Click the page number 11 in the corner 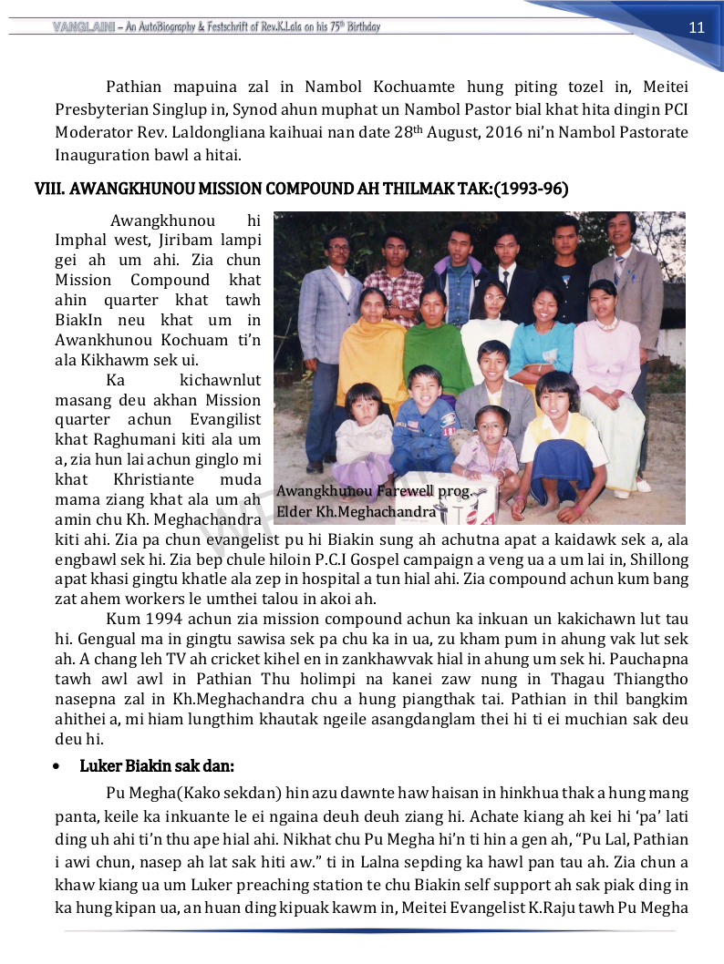[697, 27]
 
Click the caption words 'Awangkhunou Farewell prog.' [375, 491]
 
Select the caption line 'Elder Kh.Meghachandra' [356, 511]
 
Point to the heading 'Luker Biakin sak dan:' [158, 765]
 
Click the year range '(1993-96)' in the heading [532, 190]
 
